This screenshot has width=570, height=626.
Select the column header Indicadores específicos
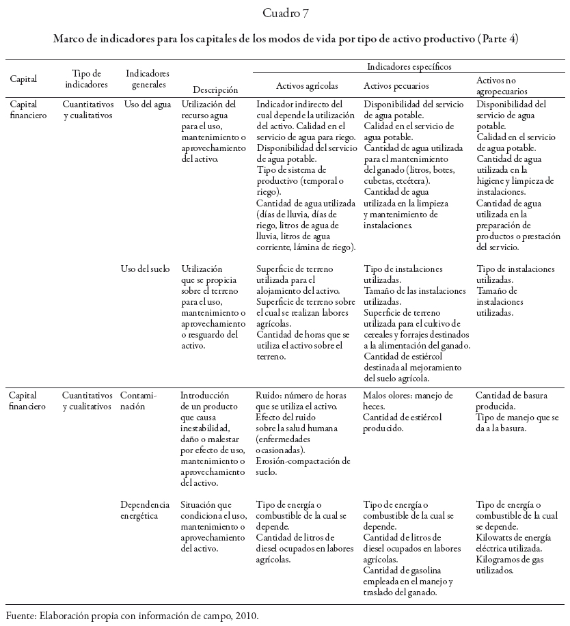[x=409, y=66]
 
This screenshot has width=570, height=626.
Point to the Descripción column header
[x=215, y=89]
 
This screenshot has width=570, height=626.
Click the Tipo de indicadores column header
[x=86, y=79]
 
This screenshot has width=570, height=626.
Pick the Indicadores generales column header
[x=148, y=79]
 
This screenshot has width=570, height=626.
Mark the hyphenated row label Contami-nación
[x=138, y=400]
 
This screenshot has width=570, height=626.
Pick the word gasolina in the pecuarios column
[x=428, y=570]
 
